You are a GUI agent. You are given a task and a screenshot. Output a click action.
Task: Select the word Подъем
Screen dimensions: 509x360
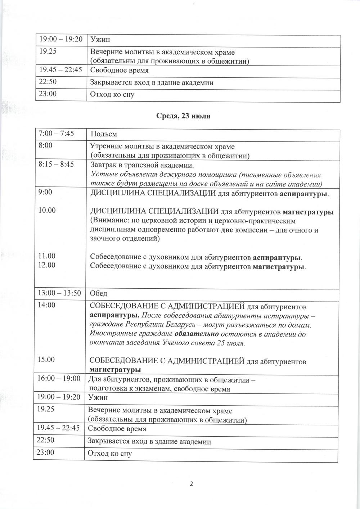[x=104, y=134]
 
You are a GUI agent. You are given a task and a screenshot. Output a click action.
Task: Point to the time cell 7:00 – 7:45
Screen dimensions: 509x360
[x=56, y=134]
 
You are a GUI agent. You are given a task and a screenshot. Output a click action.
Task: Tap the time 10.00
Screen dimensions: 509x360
[x=47, y=210]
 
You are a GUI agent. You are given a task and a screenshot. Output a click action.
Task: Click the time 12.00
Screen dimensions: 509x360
[x=47, y=265]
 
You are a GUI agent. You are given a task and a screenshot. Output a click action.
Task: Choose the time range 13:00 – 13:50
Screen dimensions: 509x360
[x=59, y=293]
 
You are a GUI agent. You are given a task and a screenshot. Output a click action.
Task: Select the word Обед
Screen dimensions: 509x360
[x=98, y=294]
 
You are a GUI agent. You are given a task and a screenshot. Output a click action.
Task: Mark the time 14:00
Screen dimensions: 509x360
[x=47, y=305]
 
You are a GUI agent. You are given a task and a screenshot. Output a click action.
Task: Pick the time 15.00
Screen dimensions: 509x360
[x=47, y=359]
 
